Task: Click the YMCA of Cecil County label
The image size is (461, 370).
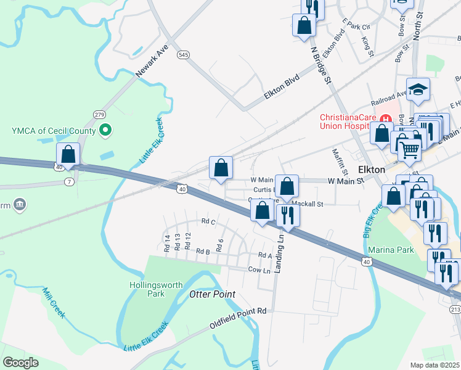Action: click(51, 130)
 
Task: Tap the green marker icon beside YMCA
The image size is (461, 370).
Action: click(105, 130)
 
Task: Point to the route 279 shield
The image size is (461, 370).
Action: click(99, 115)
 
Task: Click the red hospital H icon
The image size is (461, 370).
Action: click(386, 118)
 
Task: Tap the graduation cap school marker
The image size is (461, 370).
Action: click(417, 91)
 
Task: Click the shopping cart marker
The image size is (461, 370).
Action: click(409, 149)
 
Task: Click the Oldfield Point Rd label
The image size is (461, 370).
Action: click(237, 311)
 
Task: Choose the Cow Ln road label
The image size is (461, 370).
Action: click(259, 270)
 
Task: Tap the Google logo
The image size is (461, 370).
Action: click(20, 363)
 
